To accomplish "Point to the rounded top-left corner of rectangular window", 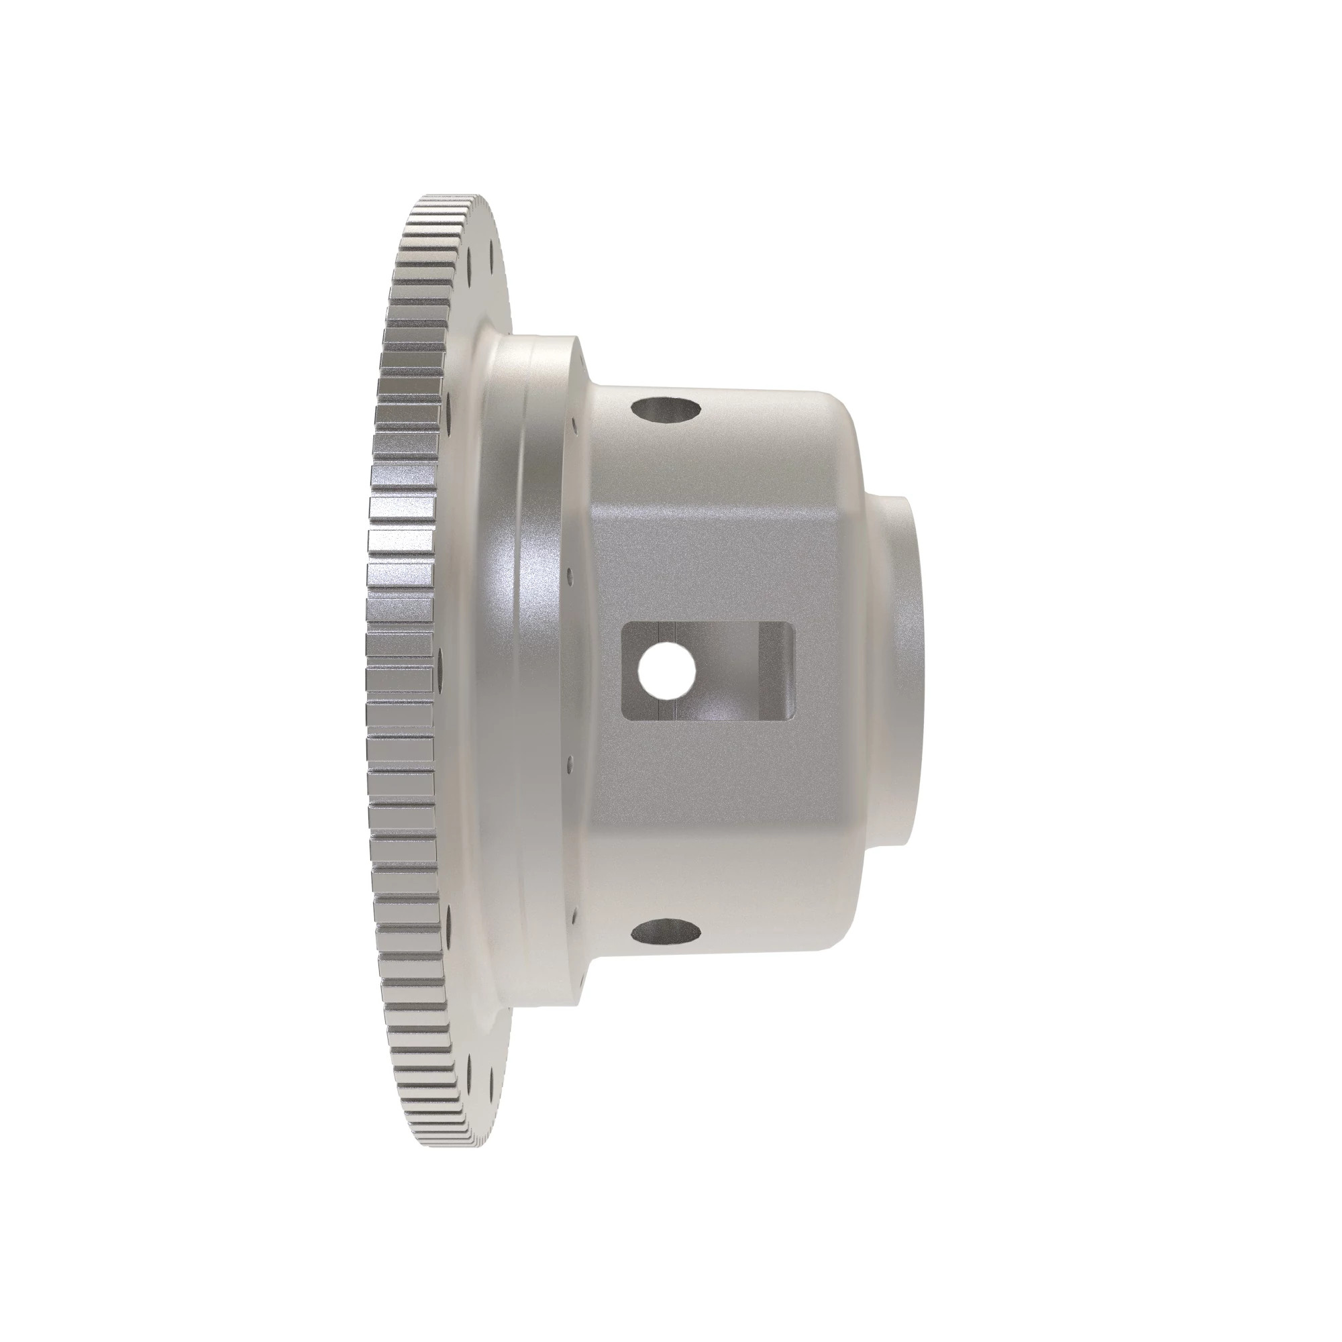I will pyautogui.click(x=626, y=627).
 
